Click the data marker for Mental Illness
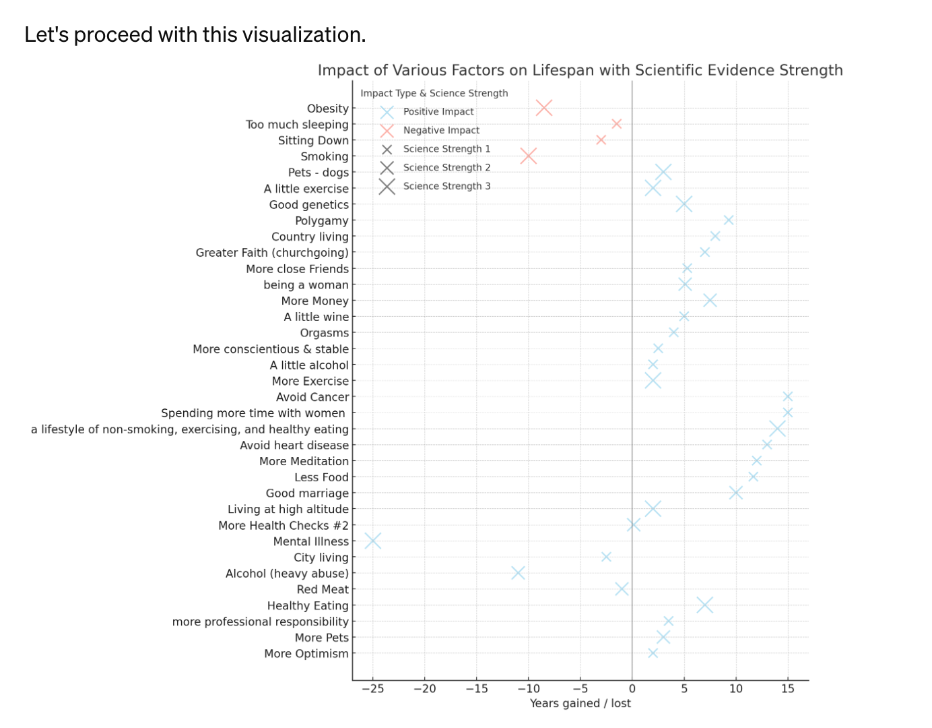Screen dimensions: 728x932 click(x=373, y=541)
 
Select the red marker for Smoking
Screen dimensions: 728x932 click(x=529, y=156)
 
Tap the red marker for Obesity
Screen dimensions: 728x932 click(x=544, y=108)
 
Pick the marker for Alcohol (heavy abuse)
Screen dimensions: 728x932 click(x=518, y=573)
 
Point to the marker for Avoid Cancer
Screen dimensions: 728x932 click(x=788, y=396)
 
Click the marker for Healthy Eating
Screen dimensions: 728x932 click(x=704, y=605)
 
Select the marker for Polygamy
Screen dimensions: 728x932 click(x=728, y=220)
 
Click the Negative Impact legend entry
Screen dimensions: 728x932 click(x=441, y=130)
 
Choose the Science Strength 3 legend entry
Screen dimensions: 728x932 click(x=446, y=186)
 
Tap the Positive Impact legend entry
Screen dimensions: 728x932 click(x=438, y=112)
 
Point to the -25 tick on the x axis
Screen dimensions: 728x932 click(x=372, y=689)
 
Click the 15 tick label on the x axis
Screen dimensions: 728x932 click(x=788, y=689)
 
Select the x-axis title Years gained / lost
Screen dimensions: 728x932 click(x=580, y=704)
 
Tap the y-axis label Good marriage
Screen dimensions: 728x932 click(x=307, y=493)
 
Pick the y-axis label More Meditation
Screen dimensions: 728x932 click(x=304, y=461)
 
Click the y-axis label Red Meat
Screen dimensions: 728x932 click(x=323, y=589)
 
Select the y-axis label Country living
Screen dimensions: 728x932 click(x=310, y=237)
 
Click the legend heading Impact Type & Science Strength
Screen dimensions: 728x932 click(x=434, y=93)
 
